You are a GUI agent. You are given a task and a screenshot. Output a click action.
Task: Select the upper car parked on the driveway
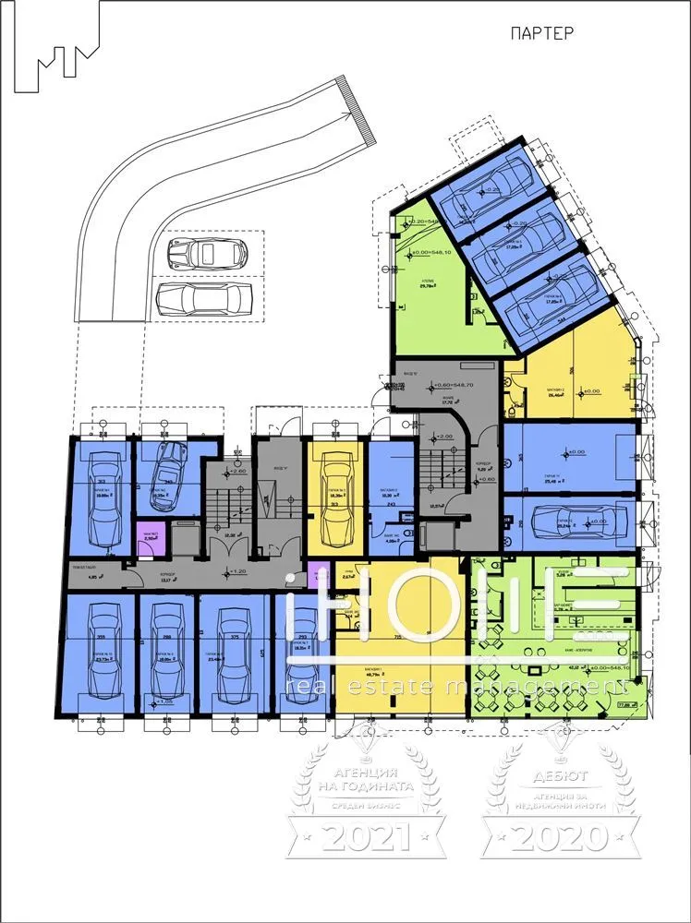coord(204,252)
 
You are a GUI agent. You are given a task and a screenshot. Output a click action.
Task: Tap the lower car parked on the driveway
coord(204,298)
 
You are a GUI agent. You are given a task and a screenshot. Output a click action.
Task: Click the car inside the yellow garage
coord(333,502)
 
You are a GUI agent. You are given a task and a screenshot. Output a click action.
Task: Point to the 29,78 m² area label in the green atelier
coord(427,287)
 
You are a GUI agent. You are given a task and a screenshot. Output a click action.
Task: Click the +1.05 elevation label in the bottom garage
coord(166,701)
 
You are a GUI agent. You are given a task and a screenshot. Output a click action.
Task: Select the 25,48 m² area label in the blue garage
coord(552,481)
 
